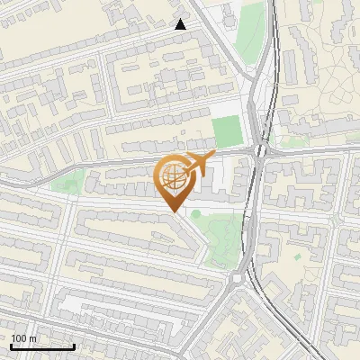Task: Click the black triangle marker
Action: (x=181, y=24)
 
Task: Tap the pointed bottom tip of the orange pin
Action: (x=175, y=211)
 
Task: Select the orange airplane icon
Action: (x=198, y=164)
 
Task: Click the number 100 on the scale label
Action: (x=19, y=338)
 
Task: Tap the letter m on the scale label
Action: (x=33, y=338)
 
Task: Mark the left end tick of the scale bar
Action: (x=11, y=346)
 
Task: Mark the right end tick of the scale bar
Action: (x=74, y=346)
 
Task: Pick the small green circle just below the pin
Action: (x=193, y=213)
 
